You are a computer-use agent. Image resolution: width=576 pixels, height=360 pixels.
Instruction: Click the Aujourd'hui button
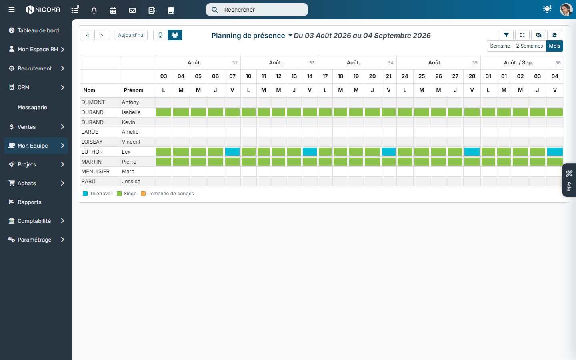(x=131, y=35)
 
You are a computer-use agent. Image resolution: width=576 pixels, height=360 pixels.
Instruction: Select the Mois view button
(x=554, y=46)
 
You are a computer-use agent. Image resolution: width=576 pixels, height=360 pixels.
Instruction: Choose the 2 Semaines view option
(x=530, y=46)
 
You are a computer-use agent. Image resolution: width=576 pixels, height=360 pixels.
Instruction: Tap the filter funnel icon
(x=506, y=35)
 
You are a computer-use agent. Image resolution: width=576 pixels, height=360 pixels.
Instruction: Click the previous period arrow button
(x=88, y=35)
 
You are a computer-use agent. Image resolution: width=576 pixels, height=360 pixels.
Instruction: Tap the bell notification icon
(x=94, y=10)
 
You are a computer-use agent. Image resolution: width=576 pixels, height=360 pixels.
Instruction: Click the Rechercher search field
(x=257, y=10)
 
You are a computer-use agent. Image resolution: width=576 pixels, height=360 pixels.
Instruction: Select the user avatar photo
(x=566, y=10)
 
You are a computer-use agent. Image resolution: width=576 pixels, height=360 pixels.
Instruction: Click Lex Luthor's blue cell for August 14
(x=310, y=152)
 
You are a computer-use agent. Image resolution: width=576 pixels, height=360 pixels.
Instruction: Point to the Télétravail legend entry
(x=98, y=194)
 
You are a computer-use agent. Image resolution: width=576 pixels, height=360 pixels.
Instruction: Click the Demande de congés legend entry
(x=167, y=194)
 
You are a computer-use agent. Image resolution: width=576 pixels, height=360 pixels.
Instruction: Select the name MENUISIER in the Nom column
(x=95, y=172)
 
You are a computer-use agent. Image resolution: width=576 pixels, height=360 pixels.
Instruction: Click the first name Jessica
(x=131, y=182)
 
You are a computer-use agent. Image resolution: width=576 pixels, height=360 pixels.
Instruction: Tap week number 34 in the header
(x=390, y=63)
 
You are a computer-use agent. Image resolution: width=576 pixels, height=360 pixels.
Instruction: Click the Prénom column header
(x=134, y=90)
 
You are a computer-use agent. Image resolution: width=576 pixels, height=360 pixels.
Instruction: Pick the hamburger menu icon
(x=12, y=10)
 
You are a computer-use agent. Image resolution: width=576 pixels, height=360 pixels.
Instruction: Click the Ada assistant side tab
(x=569, y=180)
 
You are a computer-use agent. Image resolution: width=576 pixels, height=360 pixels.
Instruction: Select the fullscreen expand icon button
(x=522, y=35)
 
